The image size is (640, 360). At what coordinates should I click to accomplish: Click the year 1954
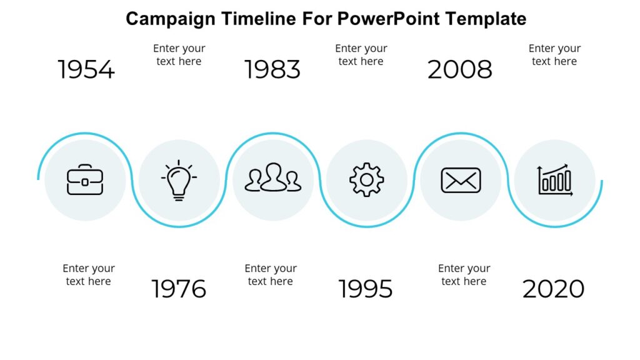(x=86, y=69)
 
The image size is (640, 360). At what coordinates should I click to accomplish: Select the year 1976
(x=179, y=289)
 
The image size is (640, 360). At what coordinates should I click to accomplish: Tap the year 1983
(x=272, y=69)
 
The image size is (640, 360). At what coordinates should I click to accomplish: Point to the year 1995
(x=366, y=289)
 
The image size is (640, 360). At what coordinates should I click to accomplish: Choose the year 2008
(x=460, y=69)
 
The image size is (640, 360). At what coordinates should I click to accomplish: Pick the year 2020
(x=553, y=289)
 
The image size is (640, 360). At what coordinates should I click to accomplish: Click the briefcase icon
(x=85, y=180)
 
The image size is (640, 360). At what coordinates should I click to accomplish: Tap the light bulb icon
(x=179, y=180)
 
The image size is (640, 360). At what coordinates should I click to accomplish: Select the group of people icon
(x=272, y=178)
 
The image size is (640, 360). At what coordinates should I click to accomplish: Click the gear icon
(x=367, y=180)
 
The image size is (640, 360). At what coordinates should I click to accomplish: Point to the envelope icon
(x=461, y=180)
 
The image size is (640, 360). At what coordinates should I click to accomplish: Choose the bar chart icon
(x=555, y=181)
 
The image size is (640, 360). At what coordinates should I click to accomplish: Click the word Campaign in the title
(x=170, y=19)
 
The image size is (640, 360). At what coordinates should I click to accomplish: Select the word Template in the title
(x=486, y=19)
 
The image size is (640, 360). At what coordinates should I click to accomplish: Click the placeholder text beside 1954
(x=179, y=55)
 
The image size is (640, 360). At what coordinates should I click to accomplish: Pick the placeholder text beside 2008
(x=554, y=55)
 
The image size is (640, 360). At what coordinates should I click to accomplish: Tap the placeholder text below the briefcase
(x=88, y=275)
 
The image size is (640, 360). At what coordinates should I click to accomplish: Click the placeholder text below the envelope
(x=464, y=275)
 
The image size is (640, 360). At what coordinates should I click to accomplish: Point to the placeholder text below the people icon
(x=270, y=275)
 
